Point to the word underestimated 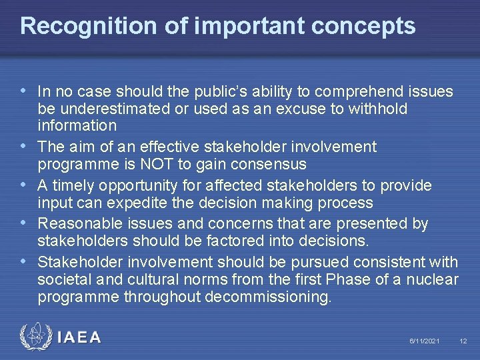[111, 108]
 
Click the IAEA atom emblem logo [34, 337]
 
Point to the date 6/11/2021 [425, 341]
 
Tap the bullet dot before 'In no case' [25, 91]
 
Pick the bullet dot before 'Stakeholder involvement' [25, 262]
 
